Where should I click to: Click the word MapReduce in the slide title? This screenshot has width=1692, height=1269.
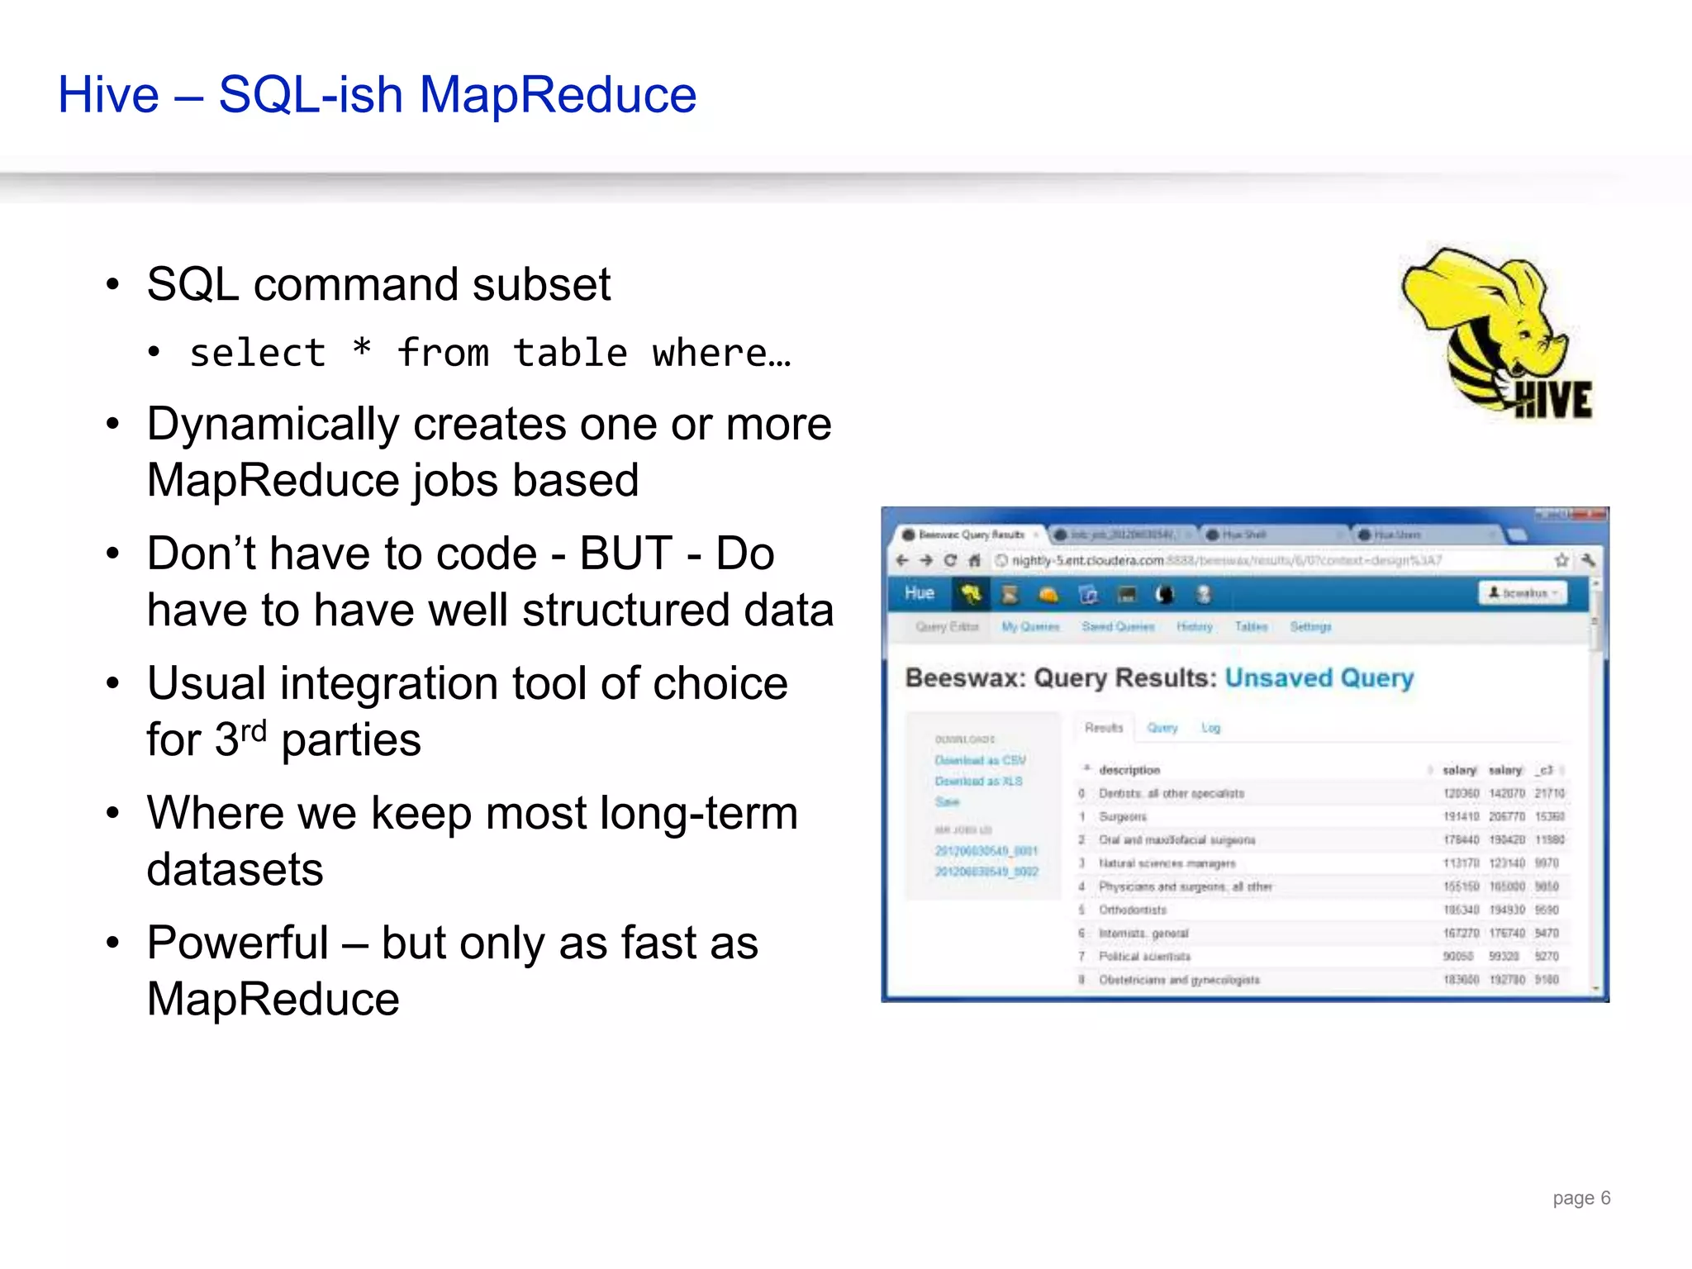point(558,95)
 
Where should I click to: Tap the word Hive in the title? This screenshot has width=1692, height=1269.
point(108,95)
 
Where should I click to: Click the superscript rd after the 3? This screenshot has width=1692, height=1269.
point(254,730)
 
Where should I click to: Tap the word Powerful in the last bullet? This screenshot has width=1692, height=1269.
point(238,943)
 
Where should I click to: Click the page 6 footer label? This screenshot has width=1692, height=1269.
point(1580,1197)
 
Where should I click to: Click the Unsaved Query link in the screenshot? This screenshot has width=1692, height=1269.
point(1319,678)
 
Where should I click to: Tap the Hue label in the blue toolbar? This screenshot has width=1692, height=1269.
point(919,593)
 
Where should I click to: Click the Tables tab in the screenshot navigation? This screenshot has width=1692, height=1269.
point(1251,627)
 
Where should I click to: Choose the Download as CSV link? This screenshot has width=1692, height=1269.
point(980,760)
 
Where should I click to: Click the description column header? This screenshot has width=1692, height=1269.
point(1129,770)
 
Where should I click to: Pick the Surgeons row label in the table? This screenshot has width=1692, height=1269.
point(1123,816)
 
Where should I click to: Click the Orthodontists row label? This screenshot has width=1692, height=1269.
point(1132,910)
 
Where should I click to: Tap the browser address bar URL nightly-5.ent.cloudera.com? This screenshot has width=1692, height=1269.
point(1087,560)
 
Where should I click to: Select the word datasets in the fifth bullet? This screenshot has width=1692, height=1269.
point(235,869)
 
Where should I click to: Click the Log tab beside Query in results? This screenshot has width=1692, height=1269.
point(1210,728)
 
